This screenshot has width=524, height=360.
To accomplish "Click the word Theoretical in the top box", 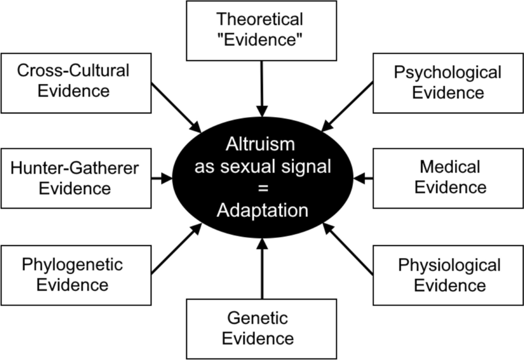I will [260, 20].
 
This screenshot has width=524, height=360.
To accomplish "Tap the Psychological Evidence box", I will [448, 83].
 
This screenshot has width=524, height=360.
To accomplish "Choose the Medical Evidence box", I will [448, 178].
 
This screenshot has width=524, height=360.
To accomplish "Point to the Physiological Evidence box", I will [448, 274].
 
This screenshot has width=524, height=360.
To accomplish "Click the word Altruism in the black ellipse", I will [260, 145].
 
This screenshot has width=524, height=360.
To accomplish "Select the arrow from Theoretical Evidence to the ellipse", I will [262, 90].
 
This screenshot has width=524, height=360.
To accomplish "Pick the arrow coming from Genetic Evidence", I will [262, 269].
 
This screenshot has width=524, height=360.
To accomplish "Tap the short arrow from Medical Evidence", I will [363, 178].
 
